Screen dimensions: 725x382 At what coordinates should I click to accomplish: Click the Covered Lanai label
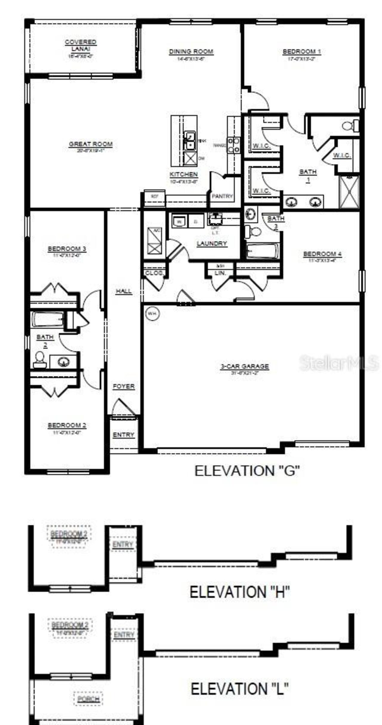click(81, 45)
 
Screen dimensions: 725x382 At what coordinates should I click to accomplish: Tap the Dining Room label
click(191, 52)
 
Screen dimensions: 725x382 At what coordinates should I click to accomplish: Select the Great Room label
click(91, 144)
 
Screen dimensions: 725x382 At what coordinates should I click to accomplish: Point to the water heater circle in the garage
click(152, 314)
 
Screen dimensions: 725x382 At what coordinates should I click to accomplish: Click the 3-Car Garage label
click(245, 366)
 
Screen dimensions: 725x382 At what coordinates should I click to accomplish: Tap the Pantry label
click(222, 196)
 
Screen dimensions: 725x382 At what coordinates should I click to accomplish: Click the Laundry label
click(212, 244)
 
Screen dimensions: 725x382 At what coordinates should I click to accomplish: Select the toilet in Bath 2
click(39, 360)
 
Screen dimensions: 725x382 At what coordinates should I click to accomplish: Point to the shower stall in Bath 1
click(349, 192)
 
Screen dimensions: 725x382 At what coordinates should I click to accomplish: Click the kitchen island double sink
click(190, 141)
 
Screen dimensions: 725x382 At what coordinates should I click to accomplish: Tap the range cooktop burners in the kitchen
click(233, 145)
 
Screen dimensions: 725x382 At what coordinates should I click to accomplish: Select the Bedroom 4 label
click(322, 254)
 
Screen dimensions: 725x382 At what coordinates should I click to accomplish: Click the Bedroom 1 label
click(302, 52)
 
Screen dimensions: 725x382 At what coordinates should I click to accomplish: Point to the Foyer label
click(124, 386)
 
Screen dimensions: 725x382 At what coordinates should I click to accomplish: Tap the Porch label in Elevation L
click(88, 699)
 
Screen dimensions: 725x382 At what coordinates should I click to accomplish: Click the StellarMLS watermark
click(339, 363)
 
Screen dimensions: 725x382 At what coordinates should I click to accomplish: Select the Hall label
click(124, 291)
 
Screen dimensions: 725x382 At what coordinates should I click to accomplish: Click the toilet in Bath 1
click(351, 126)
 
